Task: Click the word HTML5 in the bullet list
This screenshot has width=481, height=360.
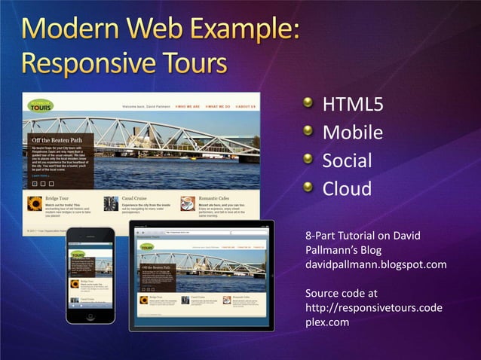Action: pyautogui.click(x=353, y=104)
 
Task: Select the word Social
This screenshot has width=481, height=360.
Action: pyautogui.click(x=347, y=160)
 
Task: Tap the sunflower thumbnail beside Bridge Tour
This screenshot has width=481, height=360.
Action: pyautogui.click(x=35, y=203)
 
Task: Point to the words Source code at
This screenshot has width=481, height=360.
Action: pyautogui.click(x=342, y=292)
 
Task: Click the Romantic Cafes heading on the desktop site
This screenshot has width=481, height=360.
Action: pyautogui.click(x=217, y=199)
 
